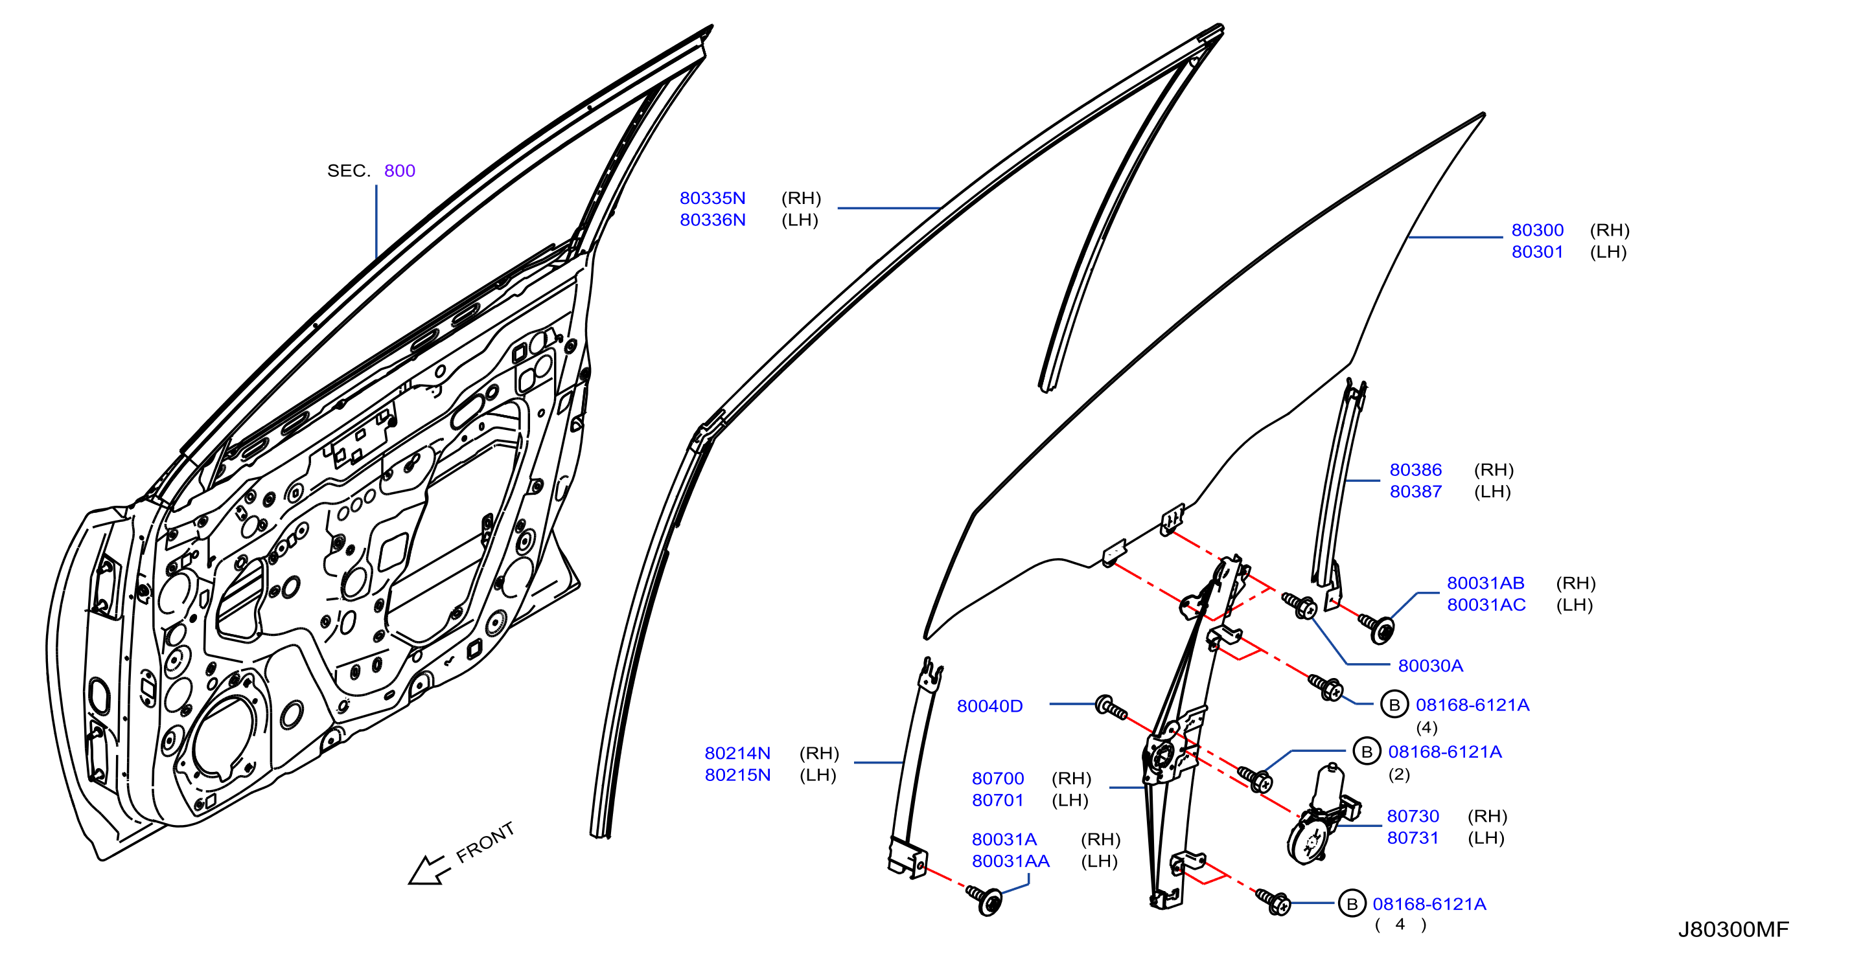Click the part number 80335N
point(712,198)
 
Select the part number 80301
point(1538,252)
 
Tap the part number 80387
point(1416,492)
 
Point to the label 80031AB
point(1485,583)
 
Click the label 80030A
point(1431,666)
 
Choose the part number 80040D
point(989,706)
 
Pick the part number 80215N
point(737,774)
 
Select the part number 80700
point(998,778)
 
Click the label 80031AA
point(1011,861)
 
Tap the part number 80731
point(1413,837)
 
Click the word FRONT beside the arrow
point(485,842)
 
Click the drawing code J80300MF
point(1733,929)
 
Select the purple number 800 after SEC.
point(400,170)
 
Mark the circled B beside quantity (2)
point(1366,752)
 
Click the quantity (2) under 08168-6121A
point(1398,774)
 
